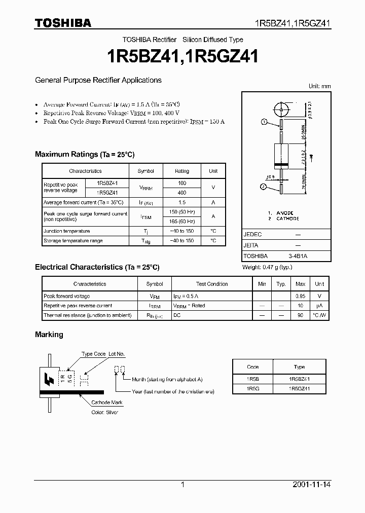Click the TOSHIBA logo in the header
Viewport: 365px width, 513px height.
pyautogui.click(x=63, y=23)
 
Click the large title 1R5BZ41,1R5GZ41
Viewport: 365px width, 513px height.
pyautogui.click(x=182, y=56)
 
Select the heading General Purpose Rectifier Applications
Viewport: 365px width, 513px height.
pyautogui.click(x=98, y=80)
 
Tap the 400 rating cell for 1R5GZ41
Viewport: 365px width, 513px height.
pyautogui.click(x=182, y=193)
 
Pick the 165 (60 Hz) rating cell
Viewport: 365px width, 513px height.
pyautogui.click(x=182, y=221)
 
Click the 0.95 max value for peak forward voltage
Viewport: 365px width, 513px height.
pyautogui.click(x=300, y=296)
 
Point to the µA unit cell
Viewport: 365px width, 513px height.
pyautogui.click(x=319, y=306)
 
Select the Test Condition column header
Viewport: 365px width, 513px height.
pyautogui.click(x=212, y=284)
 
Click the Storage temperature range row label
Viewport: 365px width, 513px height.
pyautogui.click(x=73, y=241)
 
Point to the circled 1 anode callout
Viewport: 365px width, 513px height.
pyautogui.click(x=264, y=122)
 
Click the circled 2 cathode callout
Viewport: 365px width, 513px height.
pyautogui.click(x=264, y=187)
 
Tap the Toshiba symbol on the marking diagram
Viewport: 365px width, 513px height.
pyautogui.click(x=49, y=378)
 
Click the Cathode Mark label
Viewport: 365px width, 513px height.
pyautogui.click(x=107, y=402)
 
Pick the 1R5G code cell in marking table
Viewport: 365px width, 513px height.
pyautogui.click(x=252, y=388)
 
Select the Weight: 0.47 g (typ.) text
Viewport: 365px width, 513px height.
pyautogui.click(x=267, y=267)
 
